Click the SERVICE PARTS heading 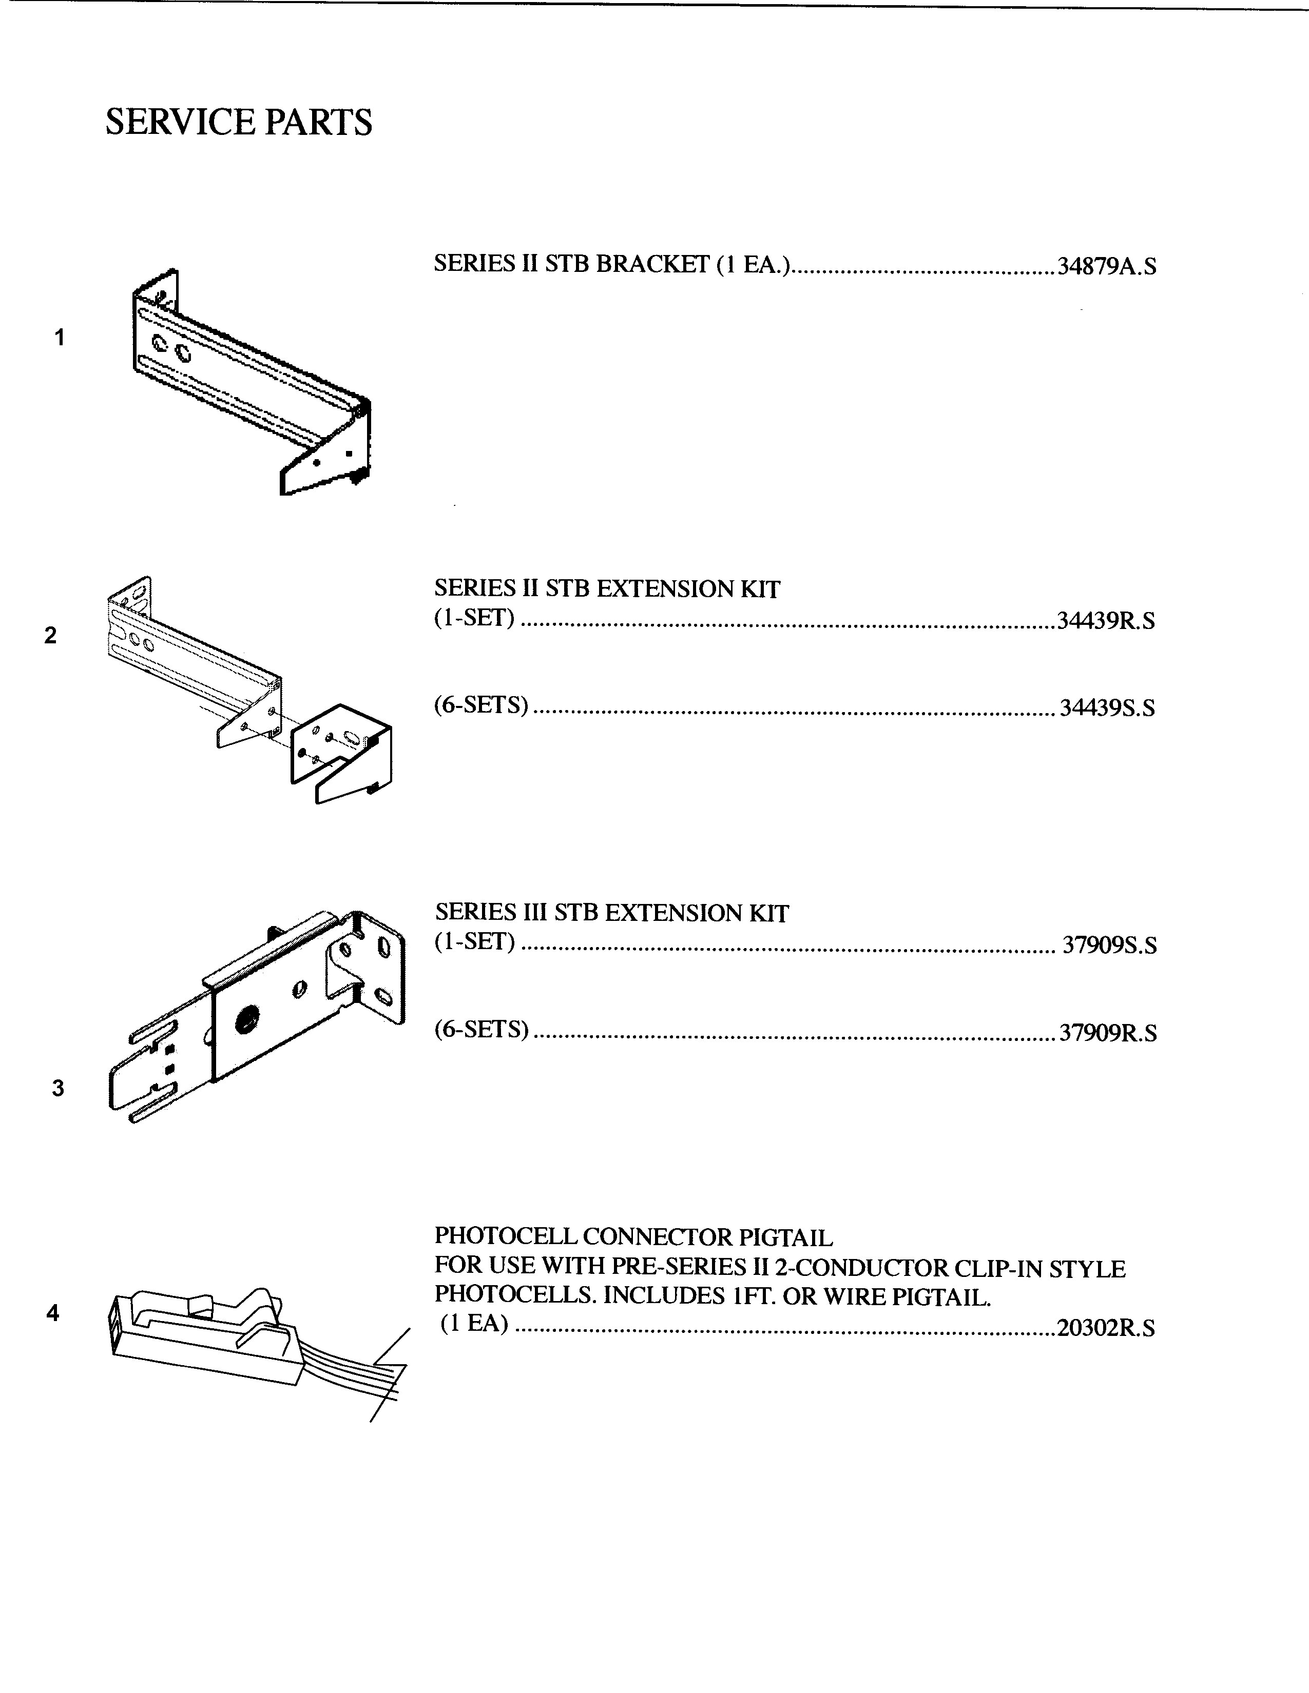pyautogui.click(x=238, y=123)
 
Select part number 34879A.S pyautogui.click(x=1107, y=267)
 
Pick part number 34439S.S pyautogui.click(x=1107, y=708)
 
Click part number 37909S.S pyautogui.click(x=1109, y=946)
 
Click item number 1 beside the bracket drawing pyautogui.click(x=59, y=337)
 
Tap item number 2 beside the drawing pyautogui.click(x=50, y=636)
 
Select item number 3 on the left pyautogui.click(x=57, y=1088)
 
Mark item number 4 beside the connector pyautogui.click(x=53, y=1313)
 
